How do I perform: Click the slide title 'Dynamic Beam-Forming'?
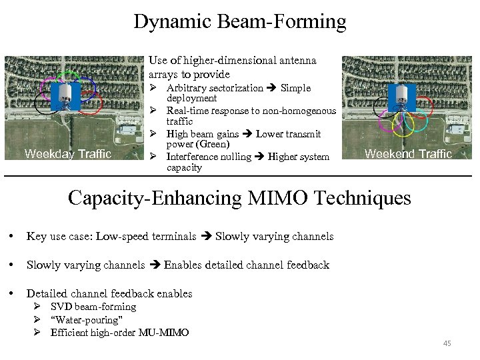coord(240,21)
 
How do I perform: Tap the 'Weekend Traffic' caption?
coord(407,154)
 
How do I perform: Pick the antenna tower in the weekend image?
coord(401,97)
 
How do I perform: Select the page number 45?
coord(447,343)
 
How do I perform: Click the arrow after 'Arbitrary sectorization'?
coord(271,88)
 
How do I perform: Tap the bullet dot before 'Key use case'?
coord(11,237)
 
